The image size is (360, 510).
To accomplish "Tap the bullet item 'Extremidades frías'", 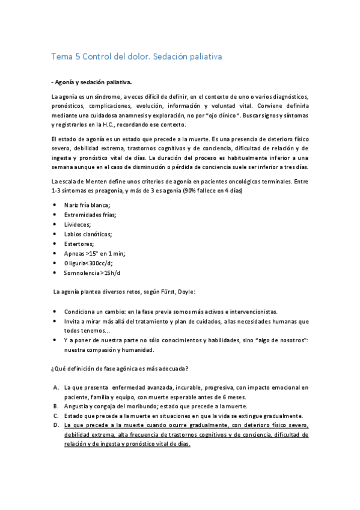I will (94, 215).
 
